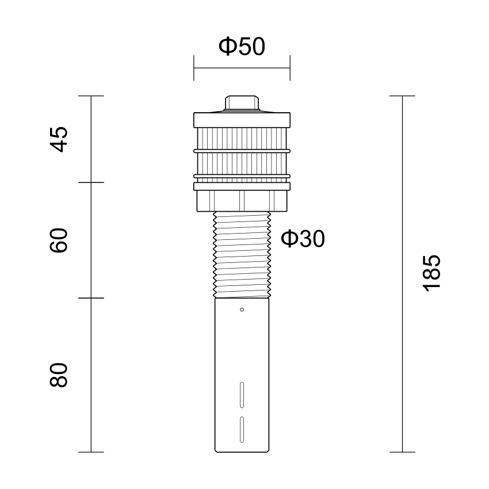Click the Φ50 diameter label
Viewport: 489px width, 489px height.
tap(242, 46)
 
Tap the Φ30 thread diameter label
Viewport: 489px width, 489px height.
tap(303, 239)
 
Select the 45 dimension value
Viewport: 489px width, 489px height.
tap(59, 139)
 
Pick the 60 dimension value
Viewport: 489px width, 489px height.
tap(59, 240)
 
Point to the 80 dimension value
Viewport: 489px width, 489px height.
tap(59, 375)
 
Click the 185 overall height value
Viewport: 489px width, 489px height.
tap(431, 273)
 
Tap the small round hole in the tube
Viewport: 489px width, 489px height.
tap(242, 310)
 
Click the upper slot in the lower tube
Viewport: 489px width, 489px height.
tap(242, 395)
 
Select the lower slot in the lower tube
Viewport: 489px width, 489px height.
tap(242, 429)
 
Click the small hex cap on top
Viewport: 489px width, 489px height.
tap(242, 102)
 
